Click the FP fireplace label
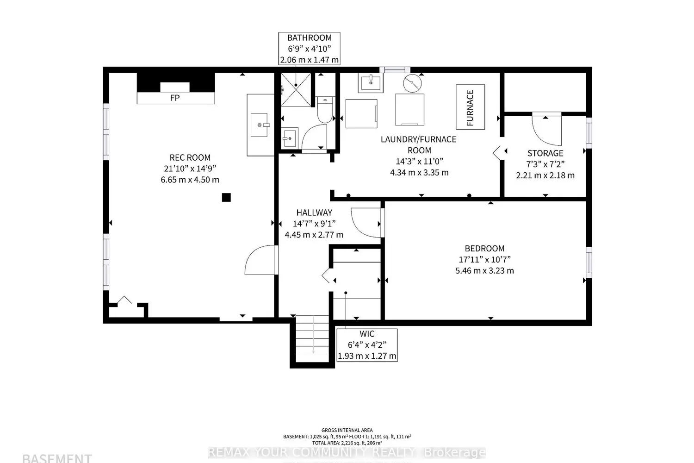click(175, 98)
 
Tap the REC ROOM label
click(190, 157)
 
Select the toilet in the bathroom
click(325, 110)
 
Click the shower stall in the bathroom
click(296, 90)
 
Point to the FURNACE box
click(470, 107)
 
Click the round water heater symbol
click(412, 83)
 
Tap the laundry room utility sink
click(370, 83)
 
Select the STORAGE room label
click(545, 153)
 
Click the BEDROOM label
click(484, 248)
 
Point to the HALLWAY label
click(314, 213)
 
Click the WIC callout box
click(367, 345)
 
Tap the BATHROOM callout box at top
click(309, 49)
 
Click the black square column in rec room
click(226, 198)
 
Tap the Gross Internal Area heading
click(347, 430)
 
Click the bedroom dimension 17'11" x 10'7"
click(484, 259)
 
